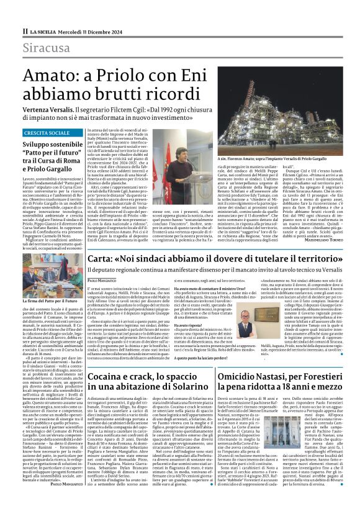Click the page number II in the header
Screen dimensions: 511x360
[x=25, y=30]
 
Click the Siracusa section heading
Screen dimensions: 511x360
[x=47, y=48]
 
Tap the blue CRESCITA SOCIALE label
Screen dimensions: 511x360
[x=47, y=133]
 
